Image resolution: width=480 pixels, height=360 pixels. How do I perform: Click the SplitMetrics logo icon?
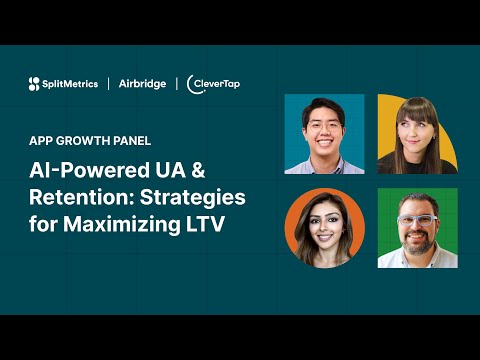(35, 84)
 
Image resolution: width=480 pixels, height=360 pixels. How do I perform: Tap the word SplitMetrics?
(70, 84)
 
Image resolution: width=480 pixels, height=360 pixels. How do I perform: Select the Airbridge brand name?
(142, 84)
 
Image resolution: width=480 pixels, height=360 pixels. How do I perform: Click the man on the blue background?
(324, 133)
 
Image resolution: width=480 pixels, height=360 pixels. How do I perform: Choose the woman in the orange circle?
(324, 227)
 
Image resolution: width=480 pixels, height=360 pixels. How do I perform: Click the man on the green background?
(416, 227)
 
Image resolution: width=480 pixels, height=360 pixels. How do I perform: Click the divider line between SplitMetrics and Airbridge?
(109, 84)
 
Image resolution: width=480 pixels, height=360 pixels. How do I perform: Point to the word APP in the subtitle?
(42, 140)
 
